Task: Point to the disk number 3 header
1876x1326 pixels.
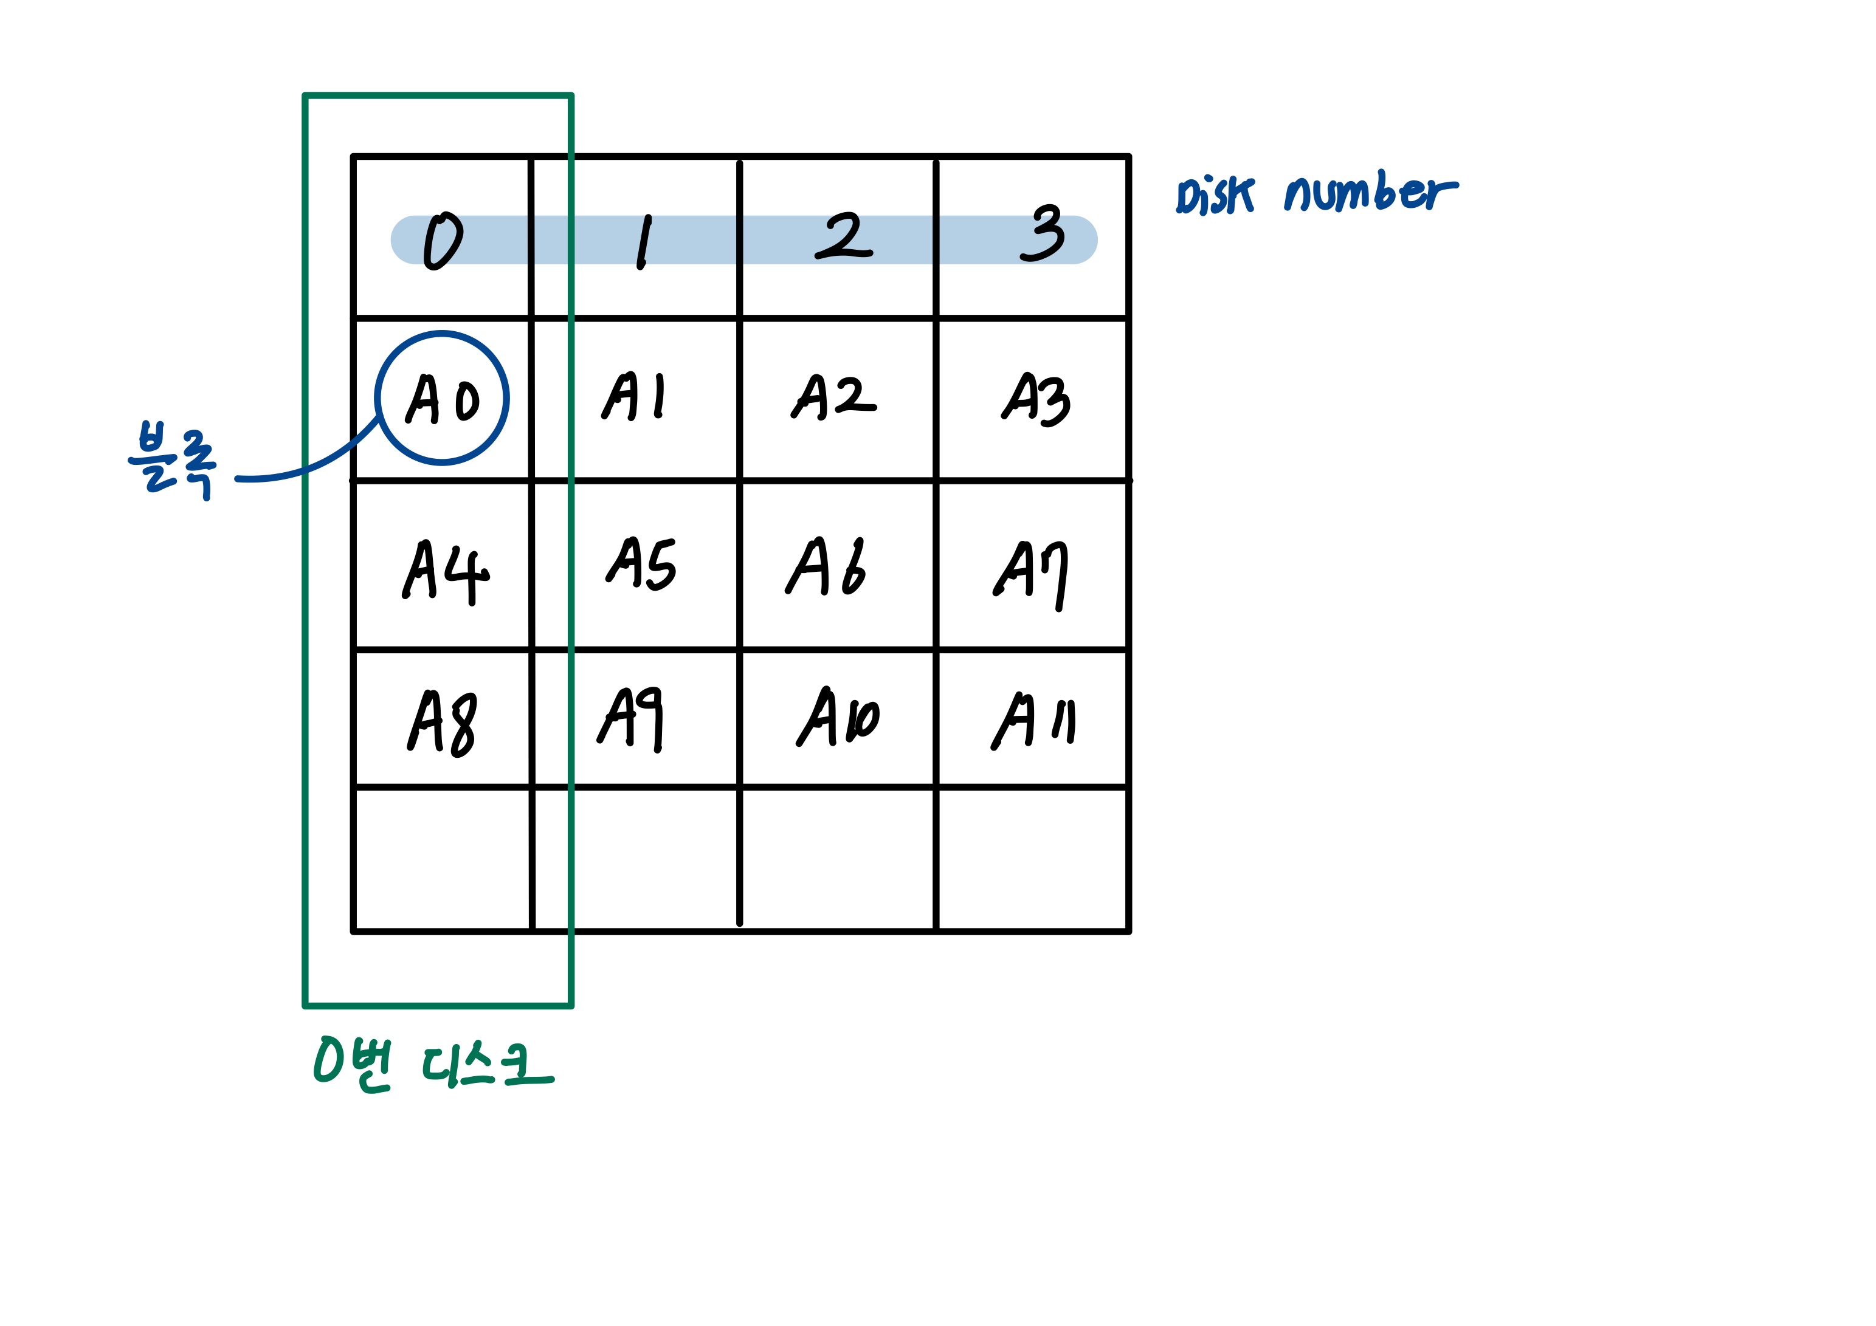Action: click(1043, 234)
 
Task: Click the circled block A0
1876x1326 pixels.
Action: click(442, 399)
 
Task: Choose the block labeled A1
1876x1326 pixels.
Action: click(635, 396)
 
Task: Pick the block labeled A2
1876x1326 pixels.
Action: click(834, 397)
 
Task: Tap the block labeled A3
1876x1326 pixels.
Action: click(1035, 399)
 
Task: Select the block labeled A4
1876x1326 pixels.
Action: click(446, 571)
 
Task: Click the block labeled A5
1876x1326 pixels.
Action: click(641, 564)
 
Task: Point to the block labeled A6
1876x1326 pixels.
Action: click(826, 566)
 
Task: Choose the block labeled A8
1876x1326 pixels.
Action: click(442, 721)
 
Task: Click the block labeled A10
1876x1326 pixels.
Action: click(838, 717)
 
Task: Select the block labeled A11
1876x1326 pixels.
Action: click(1033, 720)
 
